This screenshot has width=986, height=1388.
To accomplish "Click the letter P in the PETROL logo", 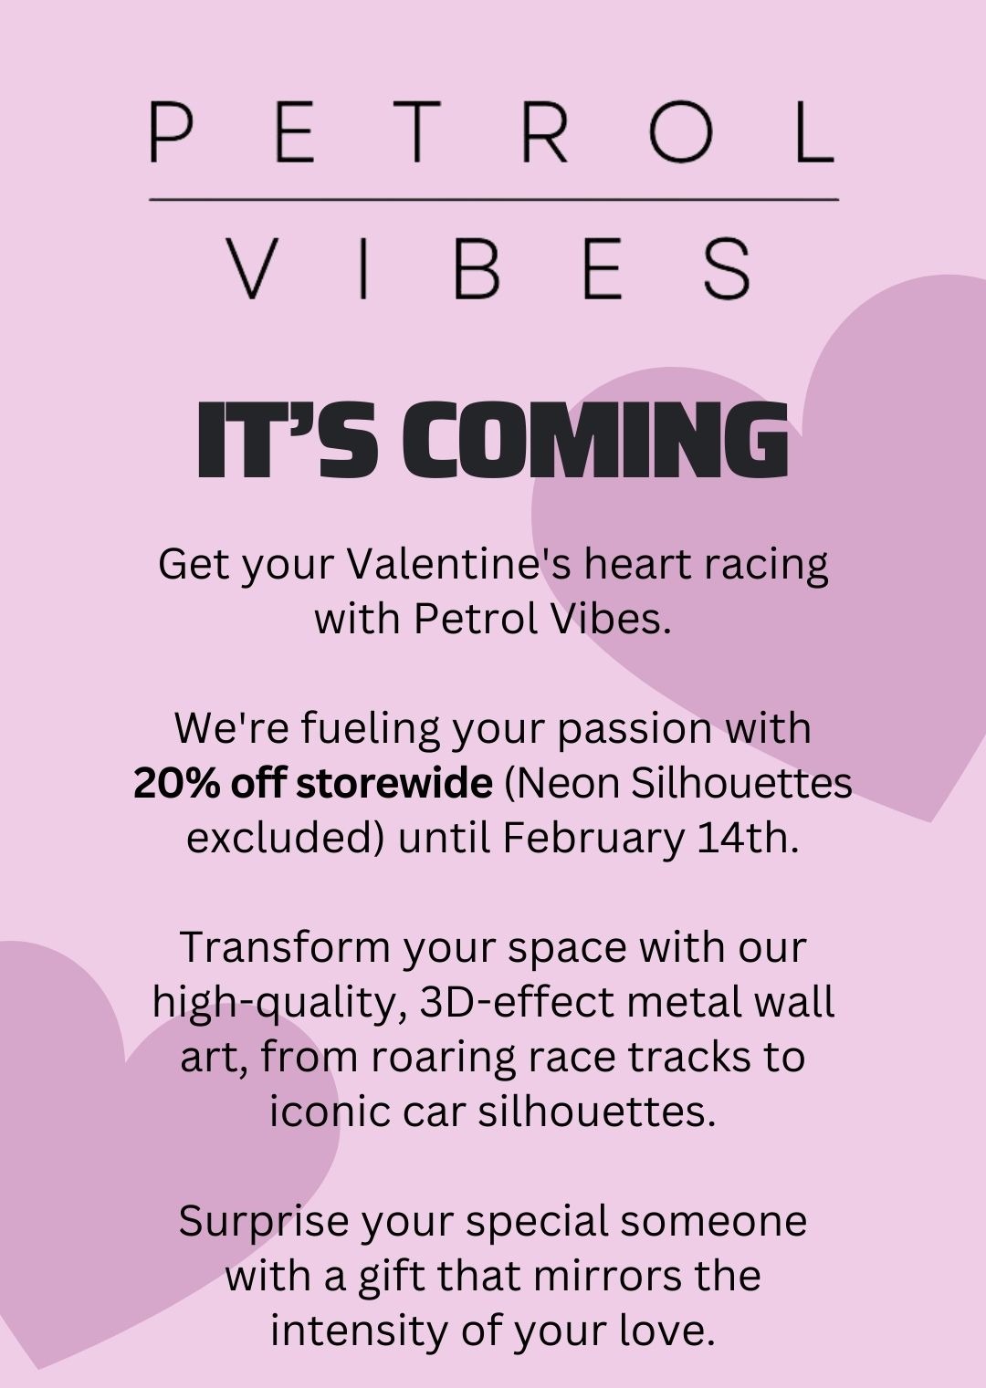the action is (x=170, y=132).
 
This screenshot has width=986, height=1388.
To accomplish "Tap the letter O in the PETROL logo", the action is (x=680, y=132).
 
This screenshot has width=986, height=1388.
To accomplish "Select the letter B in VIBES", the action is (x=477, y=268).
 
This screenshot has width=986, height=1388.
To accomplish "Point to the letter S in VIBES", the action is (x=727, y=268).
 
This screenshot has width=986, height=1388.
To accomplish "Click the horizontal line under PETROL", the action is (x=494, y=200).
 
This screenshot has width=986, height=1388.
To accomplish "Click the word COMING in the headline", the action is (x=594, y=440).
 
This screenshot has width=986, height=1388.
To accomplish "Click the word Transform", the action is (x=285, y=948).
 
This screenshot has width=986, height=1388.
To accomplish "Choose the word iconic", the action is (x=330, y=1111).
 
